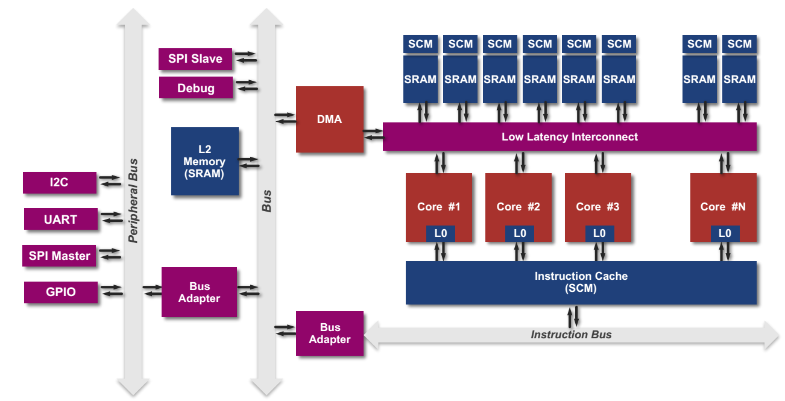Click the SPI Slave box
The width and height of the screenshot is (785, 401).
[x=195, y=58]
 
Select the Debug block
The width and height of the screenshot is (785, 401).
[x=195, y=88]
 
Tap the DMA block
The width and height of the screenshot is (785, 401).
[x=329, y=119]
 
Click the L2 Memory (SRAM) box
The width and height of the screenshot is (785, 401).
[x=204, y=161]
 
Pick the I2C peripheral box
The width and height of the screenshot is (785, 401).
[x=59, y=183]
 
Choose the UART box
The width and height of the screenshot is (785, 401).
[x=60, y=219]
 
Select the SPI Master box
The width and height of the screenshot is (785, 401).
[x=59, y=256]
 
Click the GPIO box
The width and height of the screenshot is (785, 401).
[x=60, y=292]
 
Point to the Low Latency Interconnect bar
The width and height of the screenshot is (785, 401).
[x=569, y=137]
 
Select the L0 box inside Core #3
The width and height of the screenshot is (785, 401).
[x=599, y=233]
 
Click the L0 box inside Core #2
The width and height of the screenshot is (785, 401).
[x=520, y=233]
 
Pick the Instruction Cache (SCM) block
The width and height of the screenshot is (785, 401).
[x=581, y=282]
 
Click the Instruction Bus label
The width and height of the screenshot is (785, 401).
[x=571, y=335]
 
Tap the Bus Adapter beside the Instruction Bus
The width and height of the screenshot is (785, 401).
[x=330, y=333]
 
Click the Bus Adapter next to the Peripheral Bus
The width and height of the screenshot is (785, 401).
[x=199, y=292]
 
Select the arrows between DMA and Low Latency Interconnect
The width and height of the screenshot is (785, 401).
[x=373, y=134]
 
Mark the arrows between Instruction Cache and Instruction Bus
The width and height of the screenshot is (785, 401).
[x=573, y=315]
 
